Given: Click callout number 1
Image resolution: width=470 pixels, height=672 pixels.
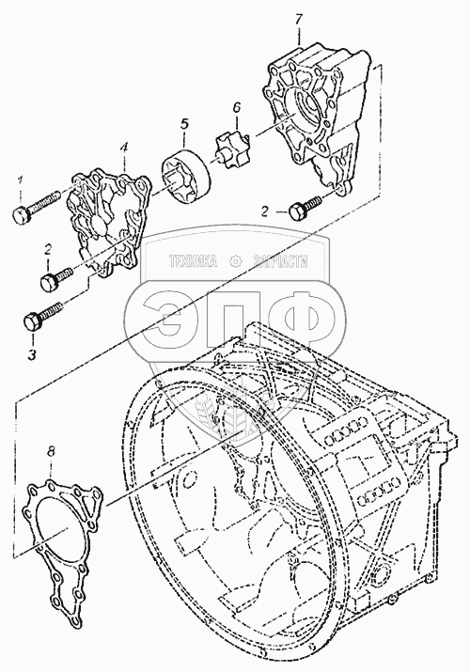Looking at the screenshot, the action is [20, 180].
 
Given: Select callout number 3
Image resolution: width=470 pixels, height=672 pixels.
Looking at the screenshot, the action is [33, 354].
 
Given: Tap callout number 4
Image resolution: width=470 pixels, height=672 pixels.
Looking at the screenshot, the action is [124, 148].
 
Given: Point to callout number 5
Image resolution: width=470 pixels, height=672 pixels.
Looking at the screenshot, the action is [184, 124].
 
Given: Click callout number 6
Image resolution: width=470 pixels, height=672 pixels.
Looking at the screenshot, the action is [237, 107].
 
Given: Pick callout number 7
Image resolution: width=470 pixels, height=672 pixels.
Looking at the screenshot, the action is [299, 20].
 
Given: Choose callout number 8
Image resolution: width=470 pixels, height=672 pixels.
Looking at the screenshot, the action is [51, 451].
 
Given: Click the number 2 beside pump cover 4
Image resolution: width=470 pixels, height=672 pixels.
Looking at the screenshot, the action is [48, 249].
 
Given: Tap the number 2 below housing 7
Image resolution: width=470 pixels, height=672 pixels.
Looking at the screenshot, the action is [266, 211].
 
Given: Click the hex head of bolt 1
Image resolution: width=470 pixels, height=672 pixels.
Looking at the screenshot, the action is [21, 214].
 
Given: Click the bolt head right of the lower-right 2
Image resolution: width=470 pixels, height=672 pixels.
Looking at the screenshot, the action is [298, 211].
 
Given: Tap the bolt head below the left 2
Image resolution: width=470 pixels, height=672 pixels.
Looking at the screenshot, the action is [49, 282].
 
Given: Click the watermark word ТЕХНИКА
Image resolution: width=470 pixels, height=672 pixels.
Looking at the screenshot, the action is [193, 261].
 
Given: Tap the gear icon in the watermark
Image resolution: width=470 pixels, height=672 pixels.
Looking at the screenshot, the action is [236, 261].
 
